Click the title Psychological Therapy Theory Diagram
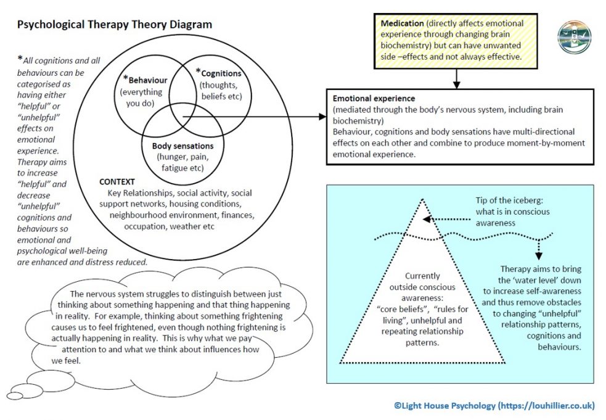(x=114, y=25)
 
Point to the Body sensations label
(x=182, y=146)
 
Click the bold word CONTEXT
(x=118, y=183)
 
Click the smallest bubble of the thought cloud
(x=14, y=395)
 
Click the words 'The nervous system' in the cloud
(x=109, y=294)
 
